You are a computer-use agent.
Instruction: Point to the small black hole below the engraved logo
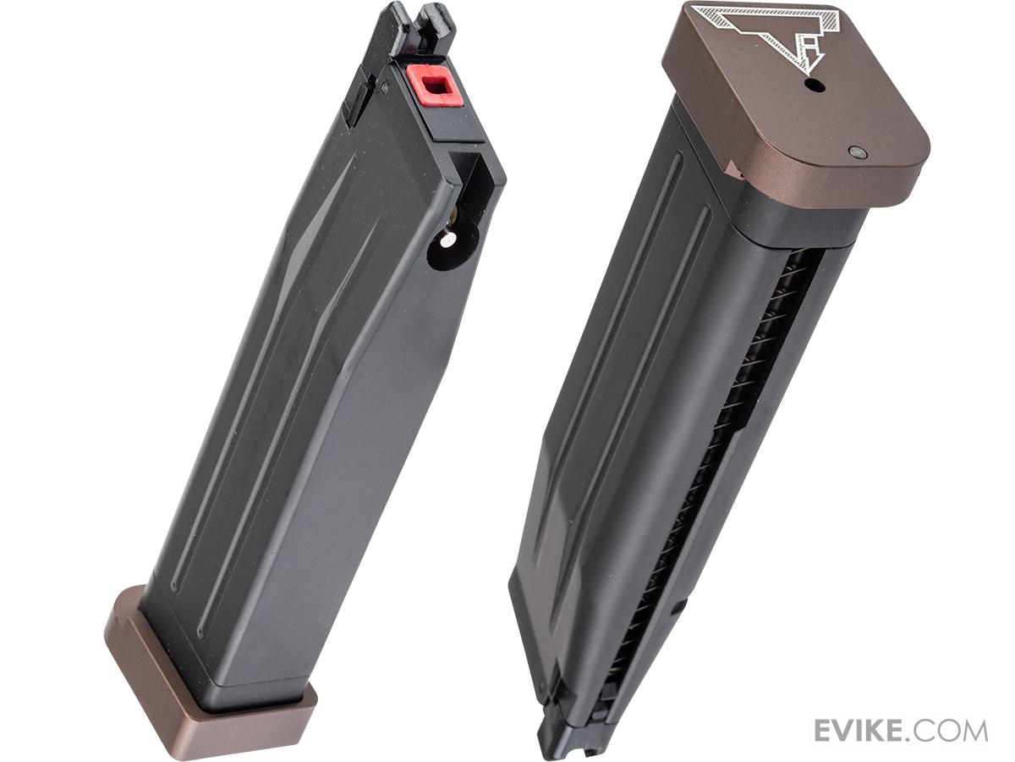pyautogui.click(x=815, y=86)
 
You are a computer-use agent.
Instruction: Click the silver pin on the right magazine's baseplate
pyautogui.click(x=858, y=152)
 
